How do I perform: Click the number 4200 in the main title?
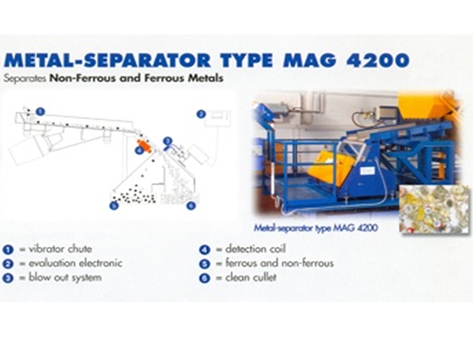point(377,60)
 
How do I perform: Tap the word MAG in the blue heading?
point(310,60)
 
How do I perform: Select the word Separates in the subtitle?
point(25,78)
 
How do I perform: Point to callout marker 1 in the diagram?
point(40,111)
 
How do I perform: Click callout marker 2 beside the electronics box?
point(201,114)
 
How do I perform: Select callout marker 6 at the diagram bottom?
point(191,206)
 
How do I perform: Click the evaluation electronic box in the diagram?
point(218,119)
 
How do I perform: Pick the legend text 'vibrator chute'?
point(60,249)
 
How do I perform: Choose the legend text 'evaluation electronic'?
point(75,263)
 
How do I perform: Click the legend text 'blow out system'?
point(65,277)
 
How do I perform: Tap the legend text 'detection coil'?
point(255,249)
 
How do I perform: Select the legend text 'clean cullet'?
point(251,277)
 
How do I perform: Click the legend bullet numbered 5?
point(204,264)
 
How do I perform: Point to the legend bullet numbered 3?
point(8,278)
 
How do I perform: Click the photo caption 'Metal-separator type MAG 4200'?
point(315,227)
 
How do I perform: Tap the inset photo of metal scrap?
point(435,209)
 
